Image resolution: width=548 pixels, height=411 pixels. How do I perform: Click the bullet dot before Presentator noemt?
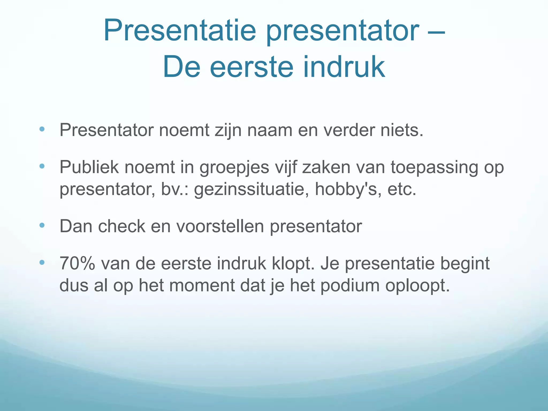coord(42,130)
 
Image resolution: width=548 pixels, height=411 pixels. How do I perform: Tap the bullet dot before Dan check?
coord(42,226)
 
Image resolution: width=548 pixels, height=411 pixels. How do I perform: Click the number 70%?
coord(77,264)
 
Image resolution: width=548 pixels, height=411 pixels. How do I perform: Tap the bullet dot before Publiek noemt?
coord(42,166)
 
